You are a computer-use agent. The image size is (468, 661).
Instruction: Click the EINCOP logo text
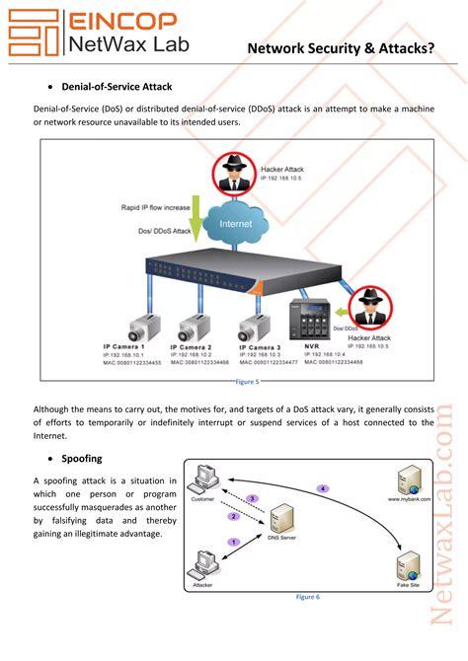(x=121, y=20)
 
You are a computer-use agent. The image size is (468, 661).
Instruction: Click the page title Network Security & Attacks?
(x=341, y=46)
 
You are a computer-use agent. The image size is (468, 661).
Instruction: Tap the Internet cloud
(x=235, y=223)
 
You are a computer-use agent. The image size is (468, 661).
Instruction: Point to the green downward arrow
(x=195, y=217)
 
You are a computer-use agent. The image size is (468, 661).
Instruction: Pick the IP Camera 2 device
(x=191, y=323)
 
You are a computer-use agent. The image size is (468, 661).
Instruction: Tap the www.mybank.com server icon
(x=407, y=482)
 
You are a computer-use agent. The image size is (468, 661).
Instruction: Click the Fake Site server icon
(x=407, y=565)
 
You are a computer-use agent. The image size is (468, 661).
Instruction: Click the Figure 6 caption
(x=308, y=597)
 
